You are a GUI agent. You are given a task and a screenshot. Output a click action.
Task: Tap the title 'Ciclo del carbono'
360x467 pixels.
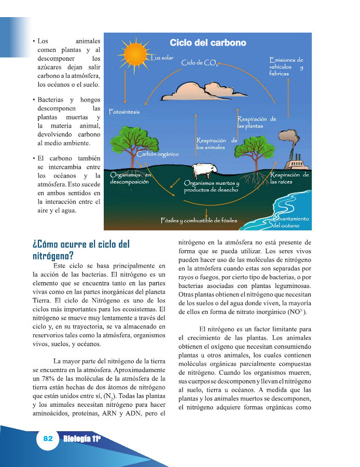pos(208,43)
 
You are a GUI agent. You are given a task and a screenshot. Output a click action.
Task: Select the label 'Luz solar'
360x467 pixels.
pos(162,58)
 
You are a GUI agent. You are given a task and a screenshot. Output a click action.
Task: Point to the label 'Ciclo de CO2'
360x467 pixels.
pos(200,63)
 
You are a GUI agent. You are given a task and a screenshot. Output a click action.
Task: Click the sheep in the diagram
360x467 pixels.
pos(203,170)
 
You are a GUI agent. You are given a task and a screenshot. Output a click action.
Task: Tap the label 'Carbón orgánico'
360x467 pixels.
pos(158,154)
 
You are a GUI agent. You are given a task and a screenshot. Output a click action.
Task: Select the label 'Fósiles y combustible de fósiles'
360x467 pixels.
pos(199,221)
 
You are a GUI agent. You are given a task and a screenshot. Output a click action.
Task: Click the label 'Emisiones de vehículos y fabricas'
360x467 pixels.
pos(286,67)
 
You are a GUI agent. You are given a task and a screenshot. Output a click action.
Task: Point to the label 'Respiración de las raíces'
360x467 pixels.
pos(289,178)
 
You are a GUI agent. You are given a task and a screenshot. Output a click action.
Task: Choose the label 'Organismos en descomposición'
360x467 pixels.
pos(130,178)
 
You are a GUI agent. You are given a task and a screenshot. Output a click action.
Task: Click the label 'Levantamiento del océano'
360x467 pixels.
pos(292,222)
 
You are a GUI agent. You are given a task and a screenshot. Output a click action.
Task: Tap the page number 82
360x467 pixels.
pos(48,438)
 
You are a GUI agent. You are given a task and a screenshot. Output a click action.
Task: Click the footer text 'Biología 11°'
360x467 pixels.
pos(81,439)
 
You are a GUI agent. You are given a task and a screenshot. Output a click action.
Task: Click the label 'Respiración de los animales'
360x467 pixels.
pos(217,143)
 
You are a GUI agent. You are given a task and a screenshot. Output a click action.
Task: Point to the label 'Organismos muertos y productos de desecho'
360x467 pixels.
pos(211,186)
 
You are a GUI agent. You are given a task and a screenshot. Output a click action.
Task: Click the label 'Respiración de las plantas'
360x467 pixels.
pos(256,122)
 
